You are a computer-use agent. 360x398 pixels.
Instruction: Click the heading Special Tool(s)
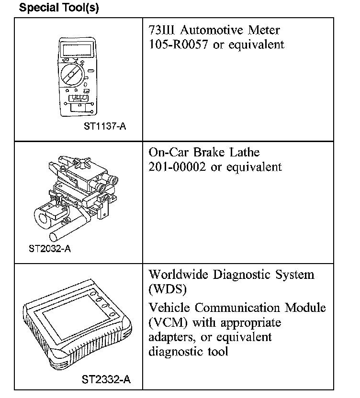(x=59, y=9)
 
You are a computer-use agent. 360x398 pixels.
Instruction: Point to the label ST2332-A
(x=106, y=380)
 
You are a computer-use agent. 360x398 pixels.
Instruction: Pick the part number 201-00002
(x=178, y=167)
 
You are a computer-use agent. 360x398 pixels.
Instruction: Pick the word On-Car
(x=169, y=153)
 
